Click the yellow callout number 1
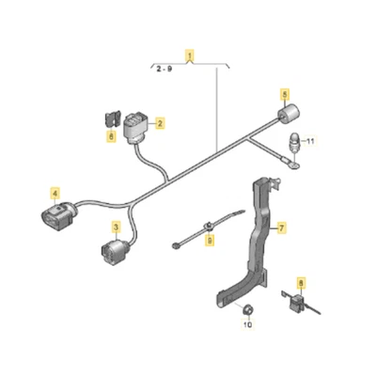coord(190,55)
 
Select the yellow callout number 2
coord(160,123)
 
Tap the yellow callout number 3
coord(116,227)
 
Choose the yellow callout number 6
coord(111,138)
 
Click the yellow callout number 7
coord(280,227)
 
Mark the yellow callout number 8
coord(301,282)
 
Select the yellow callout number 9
coord(209,242)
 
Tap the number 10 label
coord(249,324)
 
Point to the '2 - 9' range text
coord(164,69)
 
